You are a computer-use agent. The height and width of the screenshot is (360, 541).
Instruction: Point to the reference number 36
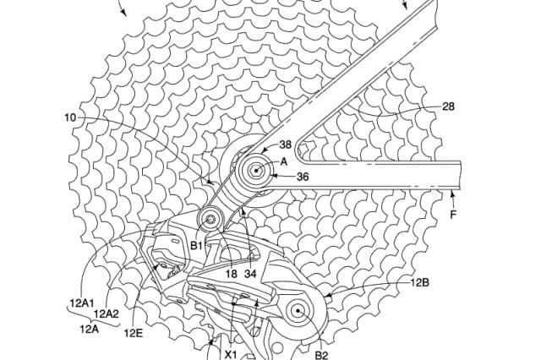click(302, 177)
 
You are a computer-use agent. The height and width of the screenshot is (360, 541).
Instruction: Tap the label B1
click(197, 245)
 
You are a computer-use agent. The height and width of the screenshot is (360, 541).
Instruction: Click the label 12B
click(420, 283)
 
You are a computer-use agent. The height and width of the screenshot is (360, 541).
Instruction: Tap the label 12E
click(134, 333)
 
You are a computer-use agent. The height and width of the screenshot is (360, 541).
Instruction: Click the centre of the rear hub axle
click(254, 172)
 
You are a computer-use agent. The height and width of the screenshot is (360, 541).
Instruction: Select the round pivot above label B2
click(299, 310)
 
